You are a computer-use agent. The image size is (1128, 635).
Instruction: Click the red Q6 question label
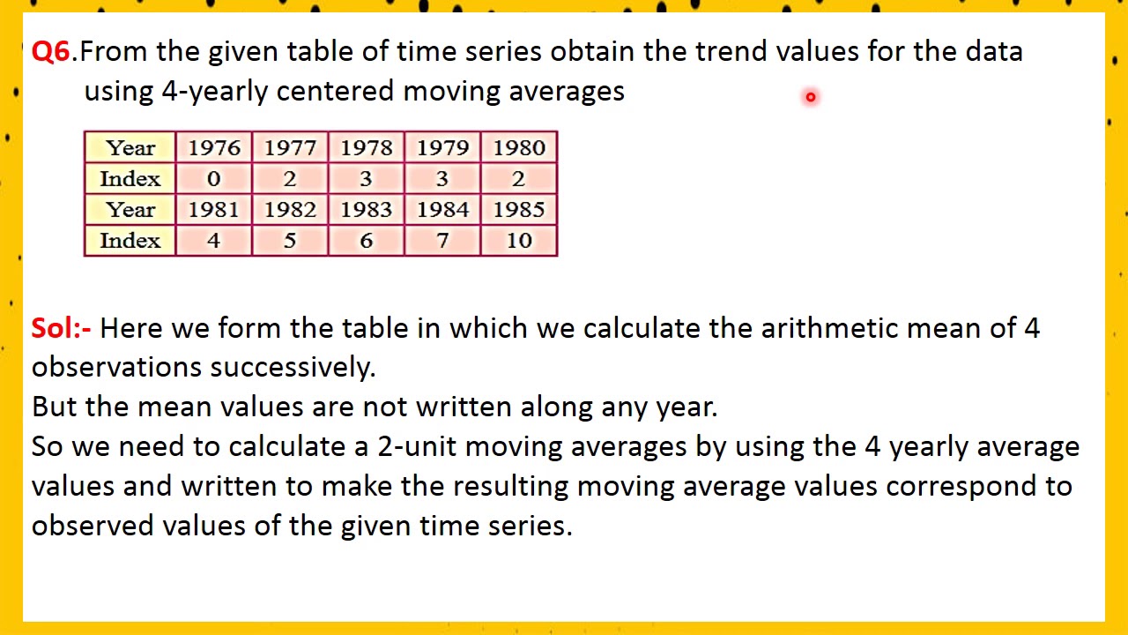(x=51, y=51)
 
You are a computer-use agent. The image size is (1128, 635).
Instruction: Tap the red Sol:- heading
(x=61, y=328)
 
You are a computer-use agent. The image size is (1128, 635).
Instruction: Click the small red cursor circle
(x=810, y=97)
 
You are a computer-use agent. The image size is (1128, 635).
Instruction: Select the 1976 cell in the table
(x=214, y=148)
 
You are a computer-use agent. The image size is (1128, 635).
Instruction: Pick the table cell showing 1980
(x=519, y=148)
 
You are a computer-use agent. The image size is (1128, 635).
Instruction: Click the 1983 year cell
(x=367, y=210)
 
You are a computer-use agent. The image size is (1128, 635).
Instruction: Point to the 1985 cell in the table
(x=519, y=210)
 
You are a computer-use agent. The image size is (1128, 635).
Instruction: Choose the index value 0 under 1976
(x=214, y=179)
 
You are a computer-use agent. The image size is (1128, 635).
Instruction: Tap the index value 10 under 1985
(x=519, y=241)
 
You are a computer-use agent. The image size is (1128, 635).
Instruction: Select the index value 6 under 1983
(x=367, y=241)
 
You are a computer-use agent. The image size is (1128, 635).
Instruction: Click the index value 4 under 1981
(x=214, y=241)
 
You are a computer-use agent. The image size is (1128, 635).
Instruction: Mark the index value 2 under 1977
(x=290, y=179)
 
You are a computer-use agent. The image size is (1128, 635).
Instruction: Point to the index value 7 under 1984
(x=442, y=241)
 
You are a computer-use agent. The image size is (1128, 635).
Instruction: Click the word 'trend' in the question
(x=731, y=51)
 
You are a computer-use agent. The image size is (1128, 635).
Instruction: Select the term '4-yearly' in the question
(x=214, y=91)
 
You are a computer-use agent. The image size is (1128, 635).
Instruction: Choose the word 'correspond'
(x=961, y=486)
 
